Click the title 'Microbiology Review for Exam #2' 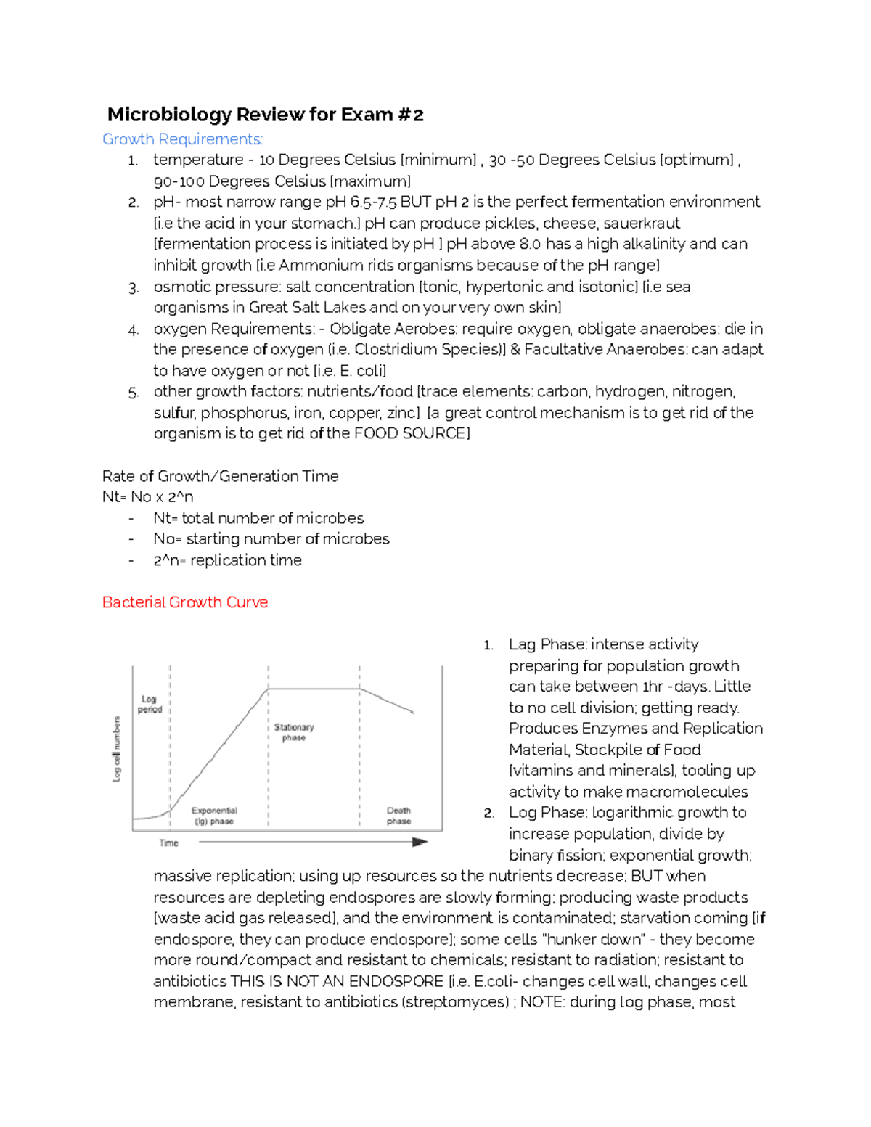click(x=265, y=115)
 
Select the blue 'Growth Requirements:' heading click(x=182, y=139)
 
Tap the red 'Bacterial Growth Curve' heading click(x=185, y=602)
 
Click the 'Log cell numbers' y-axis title click(x=117, y=749)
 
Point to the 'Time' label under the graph click(x=168, y=843)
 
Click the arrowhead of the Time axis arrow click(x=420, y=842)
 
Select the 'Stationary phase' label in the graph click(x=294, y=732)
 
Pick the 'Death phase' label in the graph click(x=398, y=816)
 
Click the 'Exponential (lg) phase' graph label click(x=214, y=816)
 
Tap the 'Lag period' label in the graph click(x=150, y=704)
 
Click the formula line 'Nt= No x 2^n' click(x=148, y=497)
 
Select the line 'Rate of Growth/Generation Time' click(x=221, y=476)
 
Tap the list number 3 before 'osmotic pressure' click(x=133, y=288)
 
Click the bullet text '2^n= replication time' click(x=227, y=560)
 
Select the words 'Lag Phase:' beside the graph click(x=548, y=644)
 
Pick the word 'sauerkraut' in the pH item click(x=642, y=223)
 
